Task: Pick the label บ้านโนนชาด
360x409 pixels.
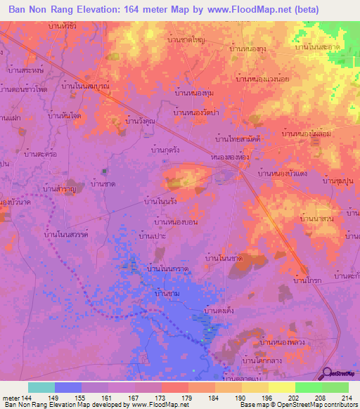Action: point(224,259)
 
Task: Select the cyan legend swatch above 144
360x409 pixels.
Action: point(41,387)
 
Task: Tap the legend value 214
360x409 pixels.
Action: point(342,398)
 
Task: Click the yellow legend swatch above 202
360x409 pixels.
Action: point(281,387)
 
